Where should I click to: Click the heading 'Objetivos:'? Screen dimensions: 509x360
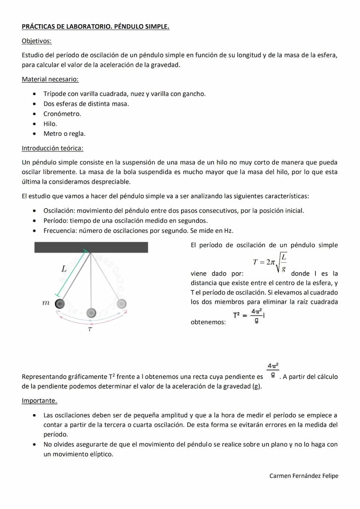click(x=37, y=41)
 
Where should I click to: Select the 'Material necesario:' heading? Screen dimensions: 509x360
click(x=50, y=79)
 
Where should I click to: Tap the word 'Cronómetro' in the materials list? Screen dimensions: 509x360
click(x=62, y=114)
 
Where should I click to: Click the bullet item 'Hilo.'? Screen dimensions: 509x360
click(x=50, y=124)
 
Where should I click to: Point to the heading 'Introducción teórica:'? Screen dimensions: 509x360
click(x=52, y=148)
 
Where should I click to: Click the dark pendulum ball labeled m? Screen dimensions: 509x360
click(x=60, y=303)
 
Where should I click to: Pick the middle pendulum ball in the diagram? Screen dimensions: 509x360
click(x=91, y=312)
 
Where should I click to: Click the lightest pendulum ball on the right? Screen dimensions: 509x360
click(x=122, y=303)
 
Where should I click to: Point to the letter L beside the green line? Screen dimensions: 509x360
click(x=63, y=269)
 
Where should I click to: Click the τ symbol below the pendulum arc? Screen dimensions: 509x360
click(x=90, y=330)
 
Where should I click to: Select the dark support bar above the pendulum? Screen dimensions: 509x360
click(x=91, y=247)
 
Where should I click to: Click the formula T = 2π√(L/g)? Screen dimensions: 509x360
click(x=270, y=262)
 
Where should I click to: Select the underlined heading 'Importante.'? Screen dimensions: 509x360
click(x=39, y=400)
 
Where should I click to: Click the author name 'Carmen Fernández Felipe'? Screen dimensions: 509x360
click(x=303, y=476)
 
